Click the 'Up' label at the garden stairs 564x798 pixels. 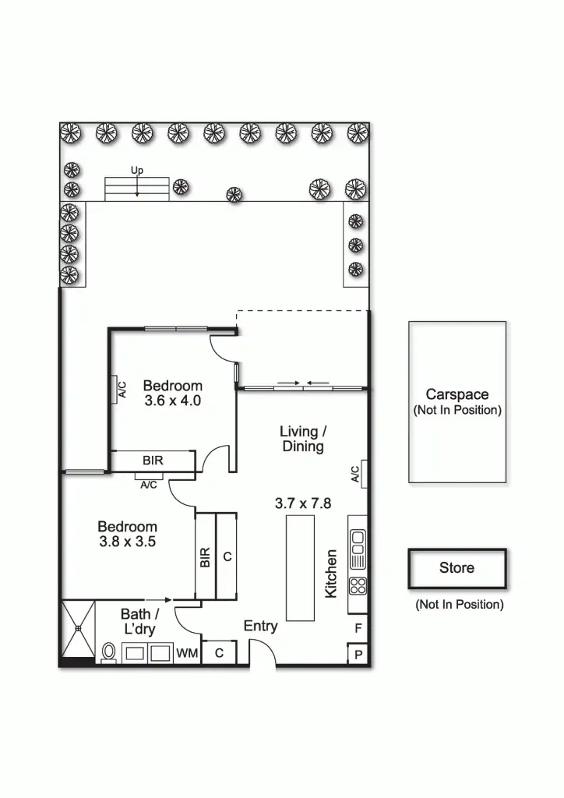(137, 170)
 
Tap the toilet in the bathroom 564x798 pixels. (109, 651)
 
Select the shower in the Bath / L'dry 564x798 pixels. (78, 628)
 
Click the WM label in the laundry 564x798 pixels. (187, 653)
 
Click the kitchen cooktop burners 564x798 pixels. (358, 584)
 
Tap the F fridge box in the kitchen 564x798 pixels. (358, 627)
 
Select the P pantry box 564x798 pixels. (358, 655)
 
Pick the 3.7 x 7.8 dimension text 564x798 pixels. (303, 503)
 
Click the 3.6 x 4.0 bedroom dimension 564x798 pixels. (172, 401)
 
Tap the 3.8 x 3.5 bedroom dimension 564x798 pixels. (128, 542)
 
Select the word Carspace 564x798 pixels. (457, 394)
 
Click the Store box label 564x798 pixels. (456, 568)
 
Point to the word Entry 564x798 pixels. (260, 626)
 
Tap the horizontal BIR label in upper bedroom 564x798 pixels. (153, 461)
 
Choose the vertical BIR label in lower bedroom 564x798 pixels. (206, 556)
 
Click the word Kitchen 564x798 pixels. (331, 574)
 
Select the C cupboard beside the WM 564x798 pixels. (219, 653)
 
